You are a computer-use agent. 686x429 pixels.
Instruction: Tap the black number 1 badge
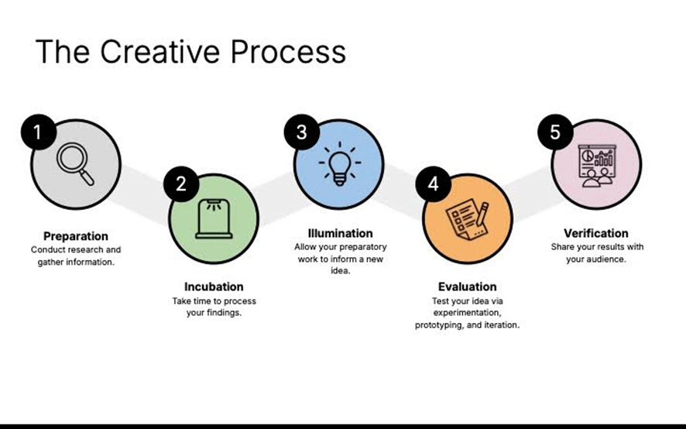[x=39, y=132]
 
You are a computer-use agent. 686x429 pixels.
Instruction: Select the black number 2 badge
[x=181, y=184]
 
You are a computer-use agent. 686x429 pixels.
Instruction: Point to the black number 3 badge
[x=301, y=132]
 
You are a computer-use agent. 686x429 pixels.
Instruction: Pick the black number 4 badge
[x=433, y=184]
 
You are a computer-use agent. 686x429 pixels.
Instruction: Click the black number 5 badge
[x=555, y=132]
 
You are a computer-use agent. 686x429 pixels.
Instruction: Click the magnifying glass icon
[x=75, y=164]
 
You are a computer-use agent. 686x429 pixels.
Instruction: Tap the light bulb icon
[x=340, y=163]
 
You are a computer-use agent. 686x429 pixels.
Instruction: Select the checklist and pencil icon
[x=467, y=219]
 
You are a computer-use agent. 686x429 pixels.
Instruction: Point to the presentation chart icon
[x=597, y=166]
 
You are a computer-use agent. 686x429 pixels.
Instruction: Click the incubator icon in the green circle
[x=214, y=219]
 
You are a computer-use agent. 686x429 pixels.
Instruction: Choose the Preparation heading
[x=76, y=236]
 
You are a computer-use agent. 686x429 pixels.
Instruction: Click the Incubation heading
[x=214, y=287]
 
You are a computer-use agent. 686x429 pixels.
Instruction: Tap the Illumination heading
[x=341, y=233]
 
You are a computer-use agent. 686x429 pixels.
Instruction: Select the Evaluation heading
[x=467, y=287]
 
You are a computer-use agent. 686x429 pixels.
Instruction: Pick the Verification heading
[x=596, y=233]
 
